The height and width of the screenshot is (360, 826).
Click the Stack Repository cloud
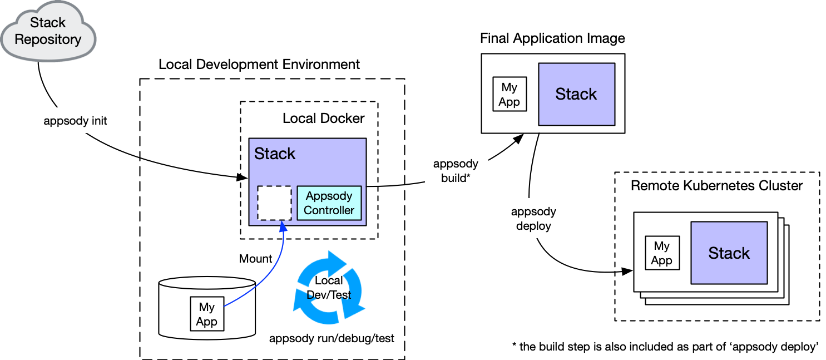tap(48, 31)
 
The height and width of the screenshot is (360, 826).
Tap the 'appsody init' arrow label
tap(76, 121)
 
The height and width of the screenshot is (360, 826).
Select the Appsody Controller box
tap(329, 203)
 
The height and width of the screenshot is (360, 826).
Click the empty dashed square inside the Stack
tap(274, 203)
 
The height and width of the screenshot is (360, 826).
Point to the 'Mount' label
tap(255, 259)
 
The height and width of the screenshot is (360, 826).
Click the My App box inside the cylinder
tap(206, 314)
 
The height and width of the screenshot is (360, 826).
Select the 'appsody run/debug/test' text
tap(332, 338)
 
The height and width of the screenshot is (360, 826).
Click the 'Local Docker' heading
tap(323, 119)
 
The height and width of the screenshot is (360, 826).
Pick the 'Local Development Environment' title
tap(259, 65)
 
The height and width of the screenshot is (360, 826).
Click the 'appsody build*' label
tap(456, 171)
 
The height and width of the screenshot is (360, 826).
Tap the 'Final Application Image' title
tap(552, 38)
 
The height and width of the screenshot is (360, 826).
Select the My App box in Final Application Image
tap(510, 95)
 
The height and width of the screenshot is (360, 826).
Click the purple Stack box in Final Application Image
tap(576, 94)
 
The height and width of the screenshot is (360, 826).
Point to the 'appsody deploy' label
tap(533, 219)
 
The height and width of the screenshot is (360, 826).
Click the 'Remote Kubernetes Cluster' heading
tap(716, 186)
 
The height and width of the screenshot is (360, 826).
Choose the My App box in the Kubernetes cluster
tap(662, 253)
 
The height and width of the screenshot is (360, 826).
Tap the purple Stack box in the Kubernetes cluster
tap(729, 253)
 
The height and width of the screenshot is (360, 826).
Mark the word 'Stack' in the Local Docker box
tap(275, 154)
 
